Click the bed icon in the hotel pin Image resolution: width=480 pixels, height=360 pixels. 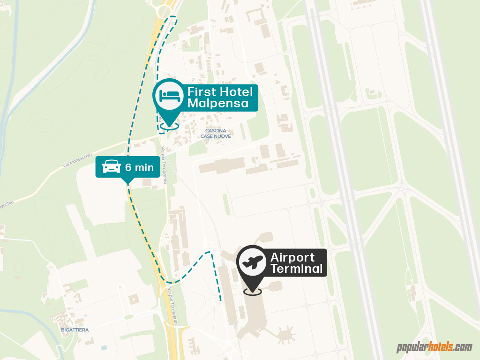coord(170,95)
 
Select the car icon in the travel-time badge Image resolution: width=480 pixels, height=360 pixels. coord(112,166)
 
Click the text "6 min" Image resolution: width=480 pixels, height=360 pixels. coord(139,167)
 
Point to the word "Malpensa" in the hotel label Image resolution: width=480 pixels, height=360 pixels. coord(218,103)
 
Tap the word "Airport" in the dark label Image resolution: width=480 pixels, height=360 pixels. coord(292,257)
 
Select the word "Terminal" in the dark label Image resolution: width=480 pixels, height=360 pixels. coord(297,269)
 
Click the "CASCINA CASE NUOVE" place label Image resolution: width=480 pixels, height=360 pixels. coord(216,133)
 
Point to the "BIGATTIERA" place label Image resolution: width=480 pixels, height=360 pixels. coord(75,330)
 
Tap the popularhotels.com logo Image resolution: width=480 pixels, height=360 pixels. coord(435,347)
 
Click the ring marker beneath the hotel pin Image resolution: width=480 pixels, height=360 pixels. coord(169,125)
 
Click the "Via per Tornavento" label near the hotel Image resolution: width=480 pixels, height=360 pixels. coord(164,165)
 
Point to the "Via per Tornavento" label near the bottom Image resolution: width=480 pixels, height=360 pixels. coord(172,307)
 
